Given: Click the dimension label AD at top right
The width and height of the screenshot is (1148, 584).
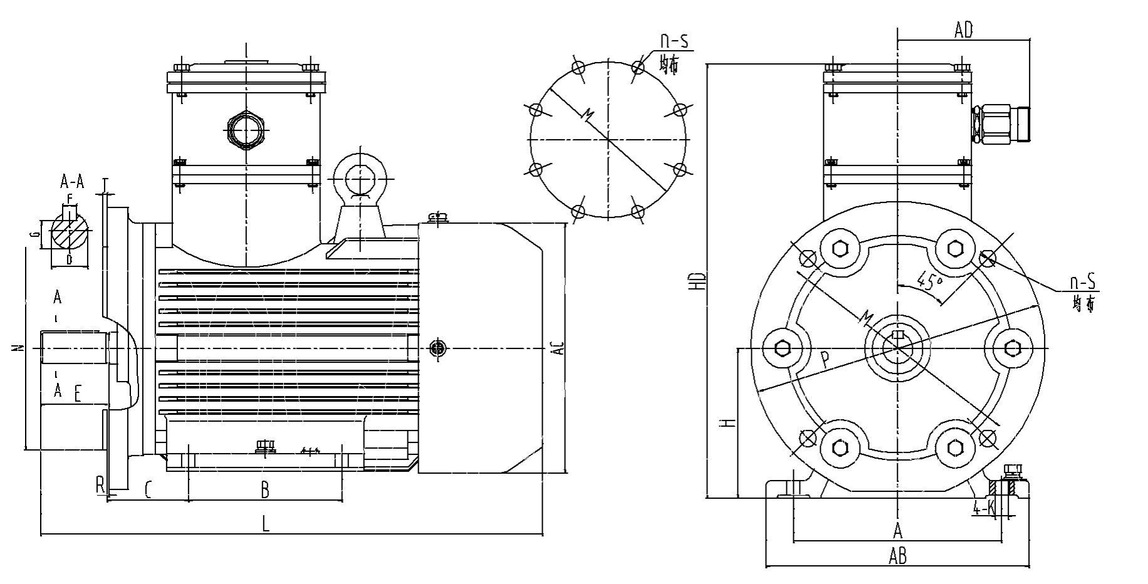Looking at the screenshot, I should click(963, 29).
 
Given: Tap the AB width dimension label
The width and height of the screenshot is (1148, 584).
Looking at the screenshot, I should click(897, 555).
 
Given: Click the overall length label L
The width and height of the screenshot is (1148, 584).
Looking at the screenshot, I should click(266, 524).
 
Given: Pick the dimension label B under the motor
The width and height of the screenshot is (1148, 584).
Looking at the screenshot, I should click(265, 489).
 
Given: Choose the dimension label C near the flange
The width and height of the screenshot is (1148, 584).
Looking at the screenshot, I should click(149, 489).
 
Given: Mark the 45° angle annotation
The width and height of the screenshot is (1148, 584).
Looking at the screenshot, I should click(930, 279).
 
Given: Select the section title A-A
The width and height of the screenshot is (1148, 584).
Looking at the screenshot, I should click(72, 182).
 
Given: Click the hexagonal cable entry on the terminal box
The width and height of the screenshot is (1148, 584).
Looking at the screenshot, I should click(246, 130).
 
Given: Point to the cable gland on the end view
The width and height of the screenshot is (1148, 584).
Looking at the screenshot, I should click(1001, 125).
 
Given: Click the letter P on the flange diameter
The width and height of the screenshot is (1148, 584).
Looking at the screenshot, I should click(825, 359).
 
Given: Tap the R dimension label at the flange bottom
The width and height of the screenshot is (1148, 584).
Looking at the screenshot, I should click(100, 484).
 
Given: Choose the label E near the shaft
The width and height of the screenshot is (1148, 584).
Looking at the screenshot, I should click(77, 394).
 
